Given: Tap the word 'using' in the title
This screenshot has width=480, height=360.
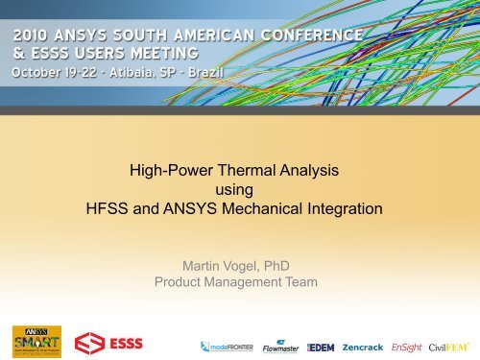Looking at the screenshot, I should (239, 191).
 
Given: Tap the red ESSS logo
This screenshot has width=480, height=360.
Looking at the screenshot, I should (104, 342).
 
